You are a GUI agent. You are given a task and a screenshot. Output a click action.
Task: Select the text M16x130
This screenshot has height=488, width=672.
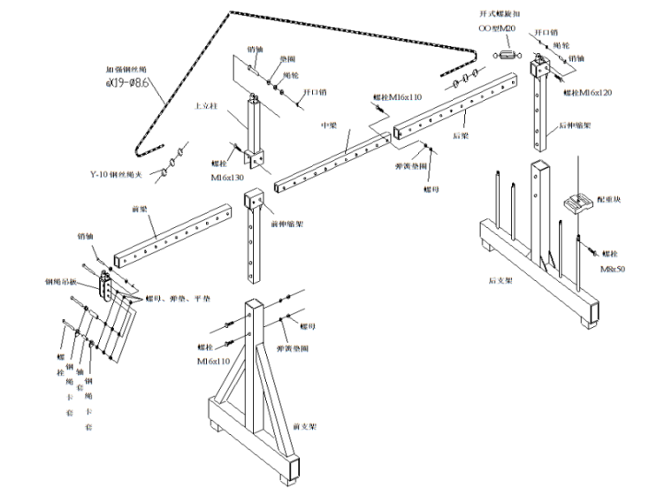click(x=227, y=178)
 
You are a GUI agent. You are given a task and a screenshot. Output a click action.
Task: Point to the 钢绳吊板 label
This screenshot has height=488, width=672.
click(x=61, y=282)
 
